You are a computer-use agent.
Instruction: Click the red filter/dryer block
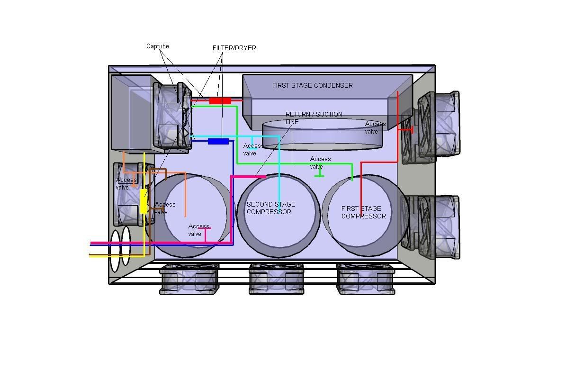pyautogui.click(x=220, y=100)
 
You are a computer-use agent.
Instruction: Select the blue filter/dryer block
pyautogui.click(x=218, y=142)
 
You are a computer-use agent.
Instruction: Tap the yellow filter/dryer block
pyautogui.click(x=144, y=201)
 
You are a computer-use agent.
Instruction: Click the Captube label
pyautogui.click(x=158, y=46)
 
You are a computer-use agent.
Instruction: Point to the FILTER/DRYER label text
pyautogui.click(x=234, y=48)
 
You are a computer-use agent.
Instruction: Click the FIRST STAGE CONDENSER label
pyautogui.click(x=313, y=85)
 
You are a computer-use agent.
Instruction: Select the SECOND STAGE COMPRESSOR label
pyautogui.click(x=271, y=208)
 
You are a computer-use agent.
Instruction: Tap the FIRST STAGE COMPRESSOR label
pyautogui.click(x=363, y=212)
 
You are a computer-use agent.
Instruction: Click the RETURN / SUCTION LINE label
pyautogui.click(x=314, y=118)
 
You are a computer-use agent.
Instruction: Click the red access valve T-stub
pyautogui.click(x=405, y=130)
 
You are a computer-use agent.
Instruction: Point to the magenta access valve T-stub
pyautogui.click(x=205, y=235)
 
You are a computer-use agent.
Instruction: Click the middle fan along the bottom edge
pyautogui.click(x=277, y=279)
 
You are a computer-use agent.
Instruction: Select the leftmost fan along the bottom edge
pyautogui.click(x=189, y=279)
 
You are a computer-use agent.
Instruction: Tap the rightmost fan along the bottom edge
pyautogui.click(x=366, y=279)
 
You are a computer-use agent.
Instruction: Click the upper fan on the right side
pyautogui.click(x=431, y=127)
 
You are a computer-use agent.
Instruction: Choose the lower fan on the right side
pyautogui.click(x=431, y=228)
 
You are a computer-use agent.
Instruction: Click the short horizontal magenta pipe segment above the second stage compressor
pyautogui.click(x=248, y=177)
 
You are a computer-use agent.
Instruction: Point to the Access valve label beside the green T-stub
pyautogui.click(x=320, y=163)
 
